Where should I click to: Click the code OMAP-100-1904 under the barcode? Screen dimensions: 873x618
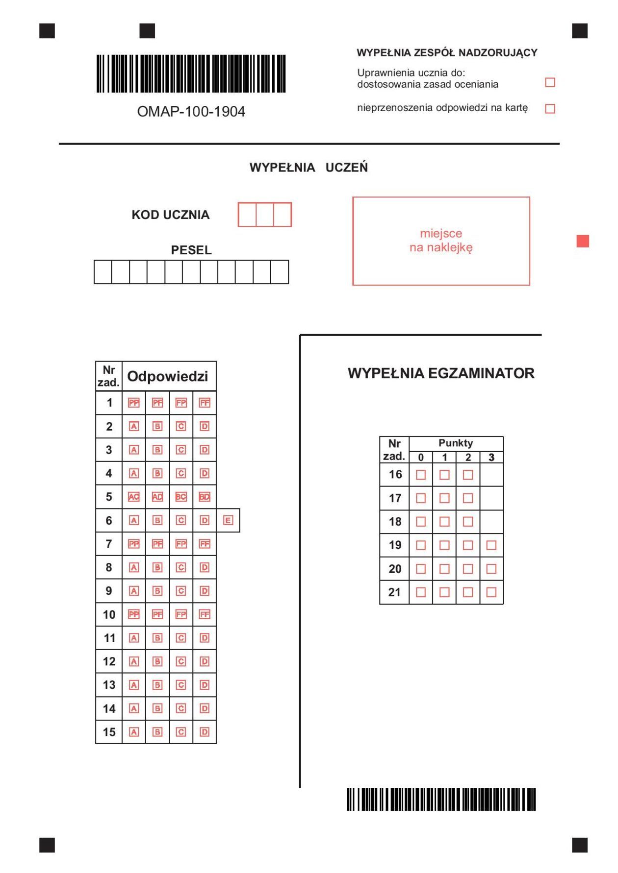[x=191, y=112]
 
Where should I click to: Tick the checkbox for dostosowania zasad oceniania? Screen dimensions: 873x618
[x=550, y=82]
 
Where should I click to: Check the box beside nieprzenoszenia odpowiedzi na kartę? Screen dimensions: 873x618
[x=550, y=108]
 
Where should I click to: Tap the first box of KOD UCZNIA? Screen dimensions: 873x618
[x=247, y=215]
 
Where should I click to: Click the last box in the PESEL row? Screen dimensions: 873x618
[x=280, y=272]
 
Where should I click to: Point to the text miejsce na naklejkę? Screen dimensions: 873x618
[x=441, y=240]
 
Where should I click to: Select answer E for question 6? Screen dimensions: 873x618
[x=228, y=520]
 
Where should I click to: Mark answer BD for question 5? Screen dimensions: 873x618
[x=205, y=497]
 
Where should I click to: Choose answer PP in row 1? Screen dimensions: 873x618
[x=133, y=403]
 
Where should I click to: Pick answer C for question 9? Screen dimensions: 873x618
[x=181, y=591]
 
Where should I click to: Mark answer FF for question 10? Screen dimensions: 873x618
[x=205, y=614]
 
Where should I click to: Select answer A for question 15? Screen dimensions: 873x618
[x=133, y=732]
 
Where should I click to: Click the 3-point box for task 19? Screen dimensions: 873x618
[x=491, y=545]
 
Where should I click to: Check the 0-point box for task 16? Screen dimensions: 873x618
[x=421, y=475]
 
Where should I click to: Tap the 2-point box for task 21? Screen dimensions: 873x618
[x=468, y=592]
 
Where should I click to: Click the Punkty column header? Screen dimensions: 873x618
[x=456, y=443]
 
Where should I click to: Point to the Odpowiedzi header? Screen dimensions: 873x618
[x=168, y=376]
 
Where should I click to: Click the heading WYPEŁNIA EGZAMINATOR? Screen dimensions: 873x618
[x=441, y=373]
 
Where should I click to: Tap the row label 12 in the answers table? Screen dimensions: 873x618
[x=109, y=661]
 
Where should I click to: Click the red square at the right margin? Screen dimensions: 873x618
[x=583, y=241]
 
